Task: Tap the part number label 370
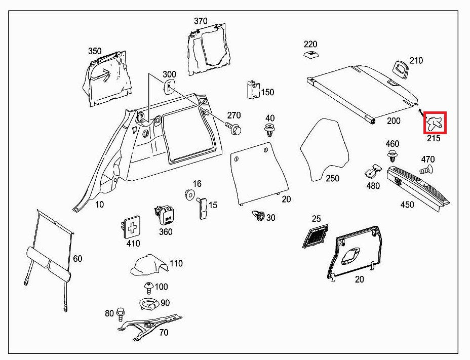[x=201, y=21]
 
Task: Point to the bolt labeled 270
[x=234, y=129]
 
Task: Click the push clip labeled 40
[x=270, y=130]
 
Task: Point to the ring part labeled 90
[x=149, y=305]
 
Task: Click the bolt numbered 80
[x=121, y=314]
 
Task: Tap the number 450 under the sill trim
[x=407, y=205]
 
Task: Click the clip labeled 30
[x=258, y=217]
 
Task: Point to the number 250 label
[x=332, y=179]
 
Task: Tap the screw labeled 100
[x=149, y=288]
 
